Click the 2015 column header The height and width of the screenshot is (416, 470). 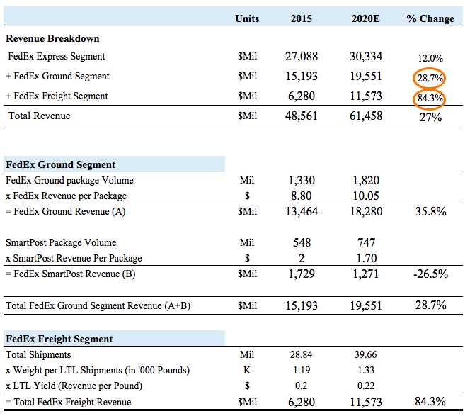pyautogui.click(x=301, y=18)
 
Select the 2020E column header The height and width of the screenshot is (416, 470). pyautogui.click(x=365, y=18)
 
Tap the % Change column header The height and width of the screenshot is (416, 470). pyautogui.click(x=430, y=18)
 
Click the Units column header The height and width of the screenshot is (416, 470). pyautogui.click(x=247, y=18)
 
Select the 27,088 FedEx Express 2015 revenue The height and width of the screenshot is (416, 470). pyautogui.click(x=301, y=57)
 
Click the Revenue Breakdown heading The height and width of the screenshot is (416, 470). pyautogui.click(x=53, y=38)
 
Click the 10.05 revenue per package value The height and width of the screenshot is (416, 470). pyautogui.click(x=365, y=196)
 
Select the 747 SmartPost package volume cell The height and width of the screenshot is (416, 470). pyautogui.click(x=365, y=243)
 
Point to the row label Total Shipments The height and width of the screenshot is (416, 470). pyautogui.click(x=38, y=354)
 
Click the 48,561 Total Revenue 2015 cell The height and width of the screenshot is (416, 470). pyautogui.click(x=301, y=116)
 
